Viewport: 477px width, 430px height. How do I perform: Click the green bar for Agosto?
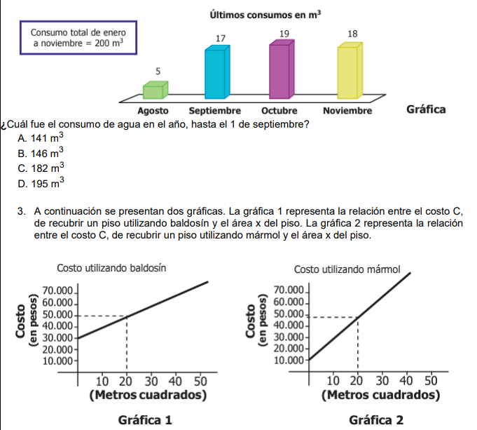(155, 90)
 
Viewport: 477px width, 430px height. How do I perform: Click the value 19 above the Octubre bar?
(284, 34)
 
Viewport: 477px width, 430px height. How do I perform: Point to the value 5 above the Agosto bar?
(158, 71)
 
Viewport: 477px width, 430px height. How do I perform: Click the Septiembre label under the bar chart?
(215, 111)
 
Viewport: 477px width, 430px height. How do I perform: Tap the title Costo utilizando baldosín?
(111, 268)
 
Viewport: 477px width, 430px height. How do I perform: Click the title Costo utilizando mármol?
(347, 269)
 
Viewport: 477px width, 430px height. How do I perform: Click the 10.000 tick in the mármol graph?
(289, 361)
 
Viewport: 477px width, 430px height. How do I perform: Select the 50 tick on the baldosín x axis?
(200, 381)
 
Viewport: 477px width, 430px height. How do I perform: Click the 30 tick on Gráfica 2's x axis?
(381, 380)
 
